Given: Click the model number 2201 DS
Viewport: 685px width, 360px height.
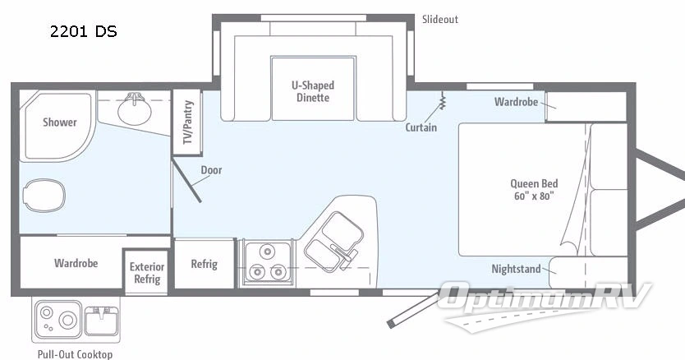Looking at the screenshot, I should click(83, 32).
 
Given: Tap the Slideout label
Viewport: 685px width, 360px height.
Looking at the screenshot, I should click(440, 19).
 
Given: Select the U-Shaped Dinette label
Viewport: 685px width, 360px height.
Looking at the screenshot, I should click(313, 91).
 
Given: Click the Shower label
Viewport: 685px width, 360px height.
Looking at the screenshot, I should click(60, 122).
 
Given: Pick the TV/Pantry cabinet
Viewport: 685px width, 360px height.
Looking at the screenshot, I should click(187, 121).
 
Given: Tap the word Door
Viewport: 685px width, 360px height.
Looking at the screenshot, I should click(211, 171).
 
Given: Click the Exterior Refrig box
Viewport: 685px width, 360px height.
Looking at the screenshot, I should click(148, 273).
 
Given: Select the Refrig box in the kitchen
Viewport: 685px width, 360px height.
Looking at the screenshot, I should click(204, 264).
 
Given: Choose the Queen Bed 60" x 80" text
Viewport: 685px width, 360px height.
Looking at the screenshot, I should click(533, 190).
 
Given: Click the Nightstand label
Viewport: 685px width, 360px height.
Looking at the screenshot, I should click(516, 269).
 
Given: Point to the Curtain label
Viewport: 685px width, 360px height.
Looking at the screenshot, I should click(421, 127).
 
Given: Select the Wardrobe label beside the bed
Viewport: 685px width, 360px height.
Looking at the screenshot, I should click(516, 103).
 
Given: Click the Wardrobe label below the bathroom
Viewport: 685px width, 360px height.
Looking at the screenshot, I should click(76, 264).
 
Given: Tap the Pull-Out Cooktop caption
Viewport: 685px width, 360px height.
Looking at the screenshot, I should click(75, 354).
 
